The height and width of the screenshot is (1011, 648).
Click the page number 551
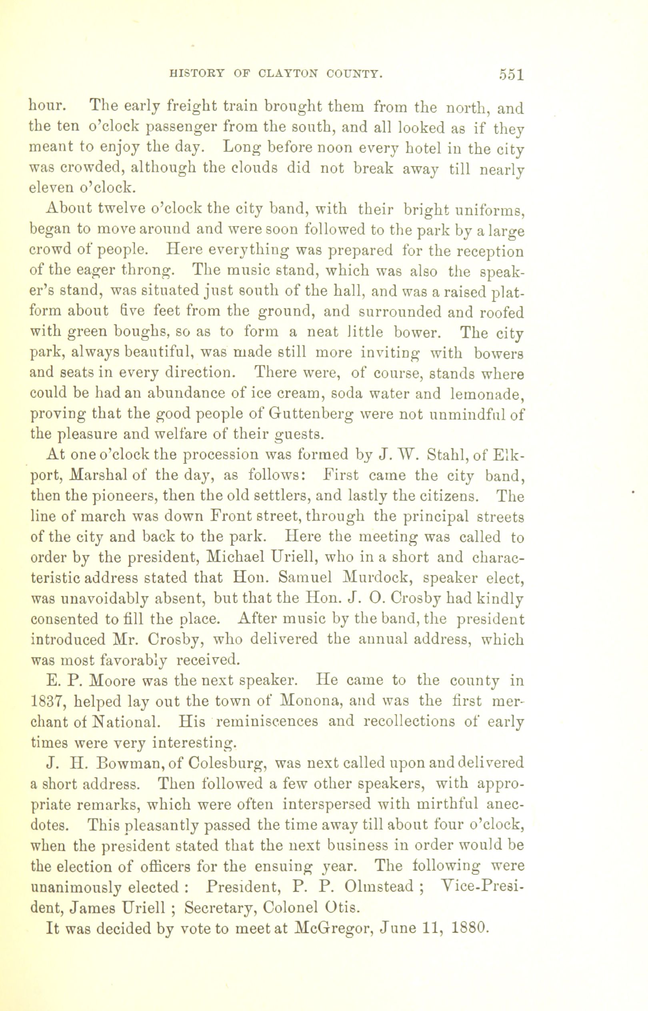pos(511,74)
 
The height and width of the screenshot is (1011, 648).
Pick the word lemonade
pos(486,394)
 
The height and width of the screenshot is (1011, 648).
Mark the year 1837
pos(48,701)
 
